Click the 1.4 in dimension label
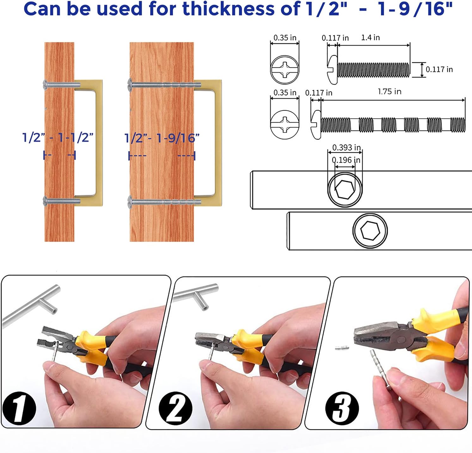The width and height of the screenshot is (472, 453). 370,38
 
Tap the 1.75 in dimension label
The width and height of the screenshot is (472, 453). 389,92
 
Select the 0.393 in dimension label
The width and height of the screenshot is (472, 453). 346,148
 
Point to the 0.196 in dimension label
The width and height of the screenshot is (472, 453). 346,160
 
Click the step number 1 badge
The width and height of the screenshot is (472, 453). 19,408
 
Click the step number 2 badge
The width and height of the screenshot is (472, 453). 175,408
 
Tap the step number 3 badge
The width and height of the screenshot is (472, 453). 342,408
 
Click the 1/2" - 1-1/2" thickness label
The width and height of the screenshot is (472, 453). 58,138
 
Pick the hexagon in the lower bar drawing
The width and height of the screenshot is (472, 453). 370,230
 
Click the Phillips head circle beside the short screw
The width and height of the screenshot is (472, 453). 285,70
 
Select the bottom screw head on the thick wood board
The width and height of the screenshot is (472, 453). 130,202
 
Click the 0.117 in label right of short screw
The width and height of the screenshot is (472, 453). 439,70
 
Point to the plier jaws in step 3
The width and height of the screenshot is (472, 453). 376,336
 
